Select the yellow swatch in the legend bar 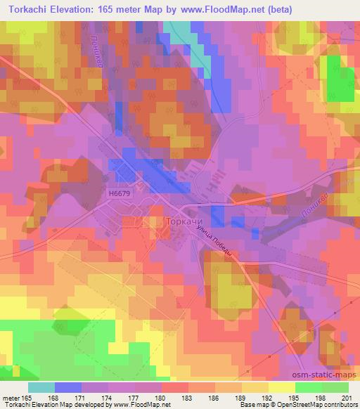click(281, 387)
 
